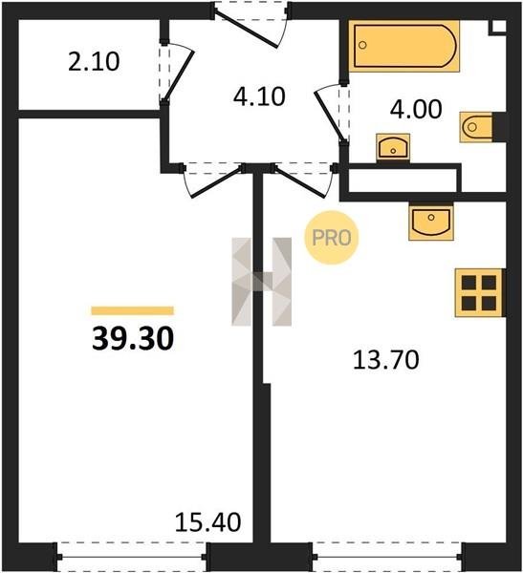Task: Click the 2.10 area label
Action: tap(94, 61)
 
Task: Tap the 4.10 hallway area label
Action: tap(259, 96)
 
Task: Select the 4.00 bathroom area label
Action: tap(416, 109)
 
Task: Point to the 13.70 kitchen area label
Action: tap(385, 360)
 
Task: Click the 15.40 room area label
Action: tap(207, 521)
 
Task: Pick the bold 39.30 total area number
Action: tap(133, 339)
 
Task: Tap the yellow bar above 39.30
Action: tap(133, 310)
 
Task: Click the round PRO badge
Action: tap(332, 238)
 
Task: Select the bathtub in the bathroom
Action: tap(404, 46)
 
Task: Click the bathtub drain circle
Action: tap(362, 45)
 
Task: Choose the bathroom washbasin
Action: tap(393, 147)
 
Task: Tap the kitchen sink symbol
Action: tap(431, 223)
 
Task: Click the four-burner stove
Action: tap(479, 293)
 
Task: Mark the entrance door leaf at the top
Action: tap(247, 29)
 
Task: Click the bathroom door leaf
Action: tap(330, 116)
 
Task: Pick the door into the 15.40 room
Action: tap(217, 182)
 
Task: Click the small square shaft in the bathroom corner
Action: tap(498, 27)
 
